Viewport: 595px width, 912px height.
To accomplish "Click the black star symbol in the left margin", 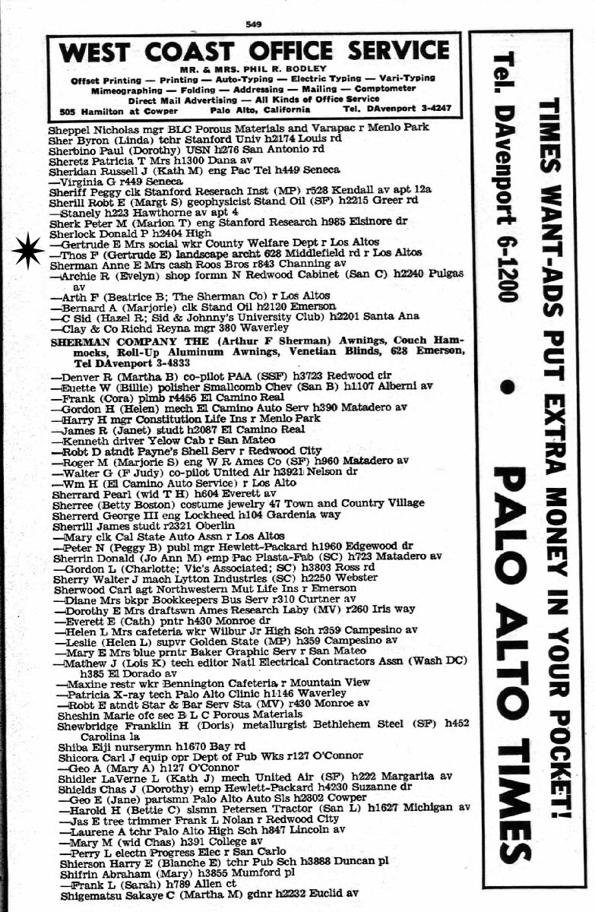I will click(x=28, y=252).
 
